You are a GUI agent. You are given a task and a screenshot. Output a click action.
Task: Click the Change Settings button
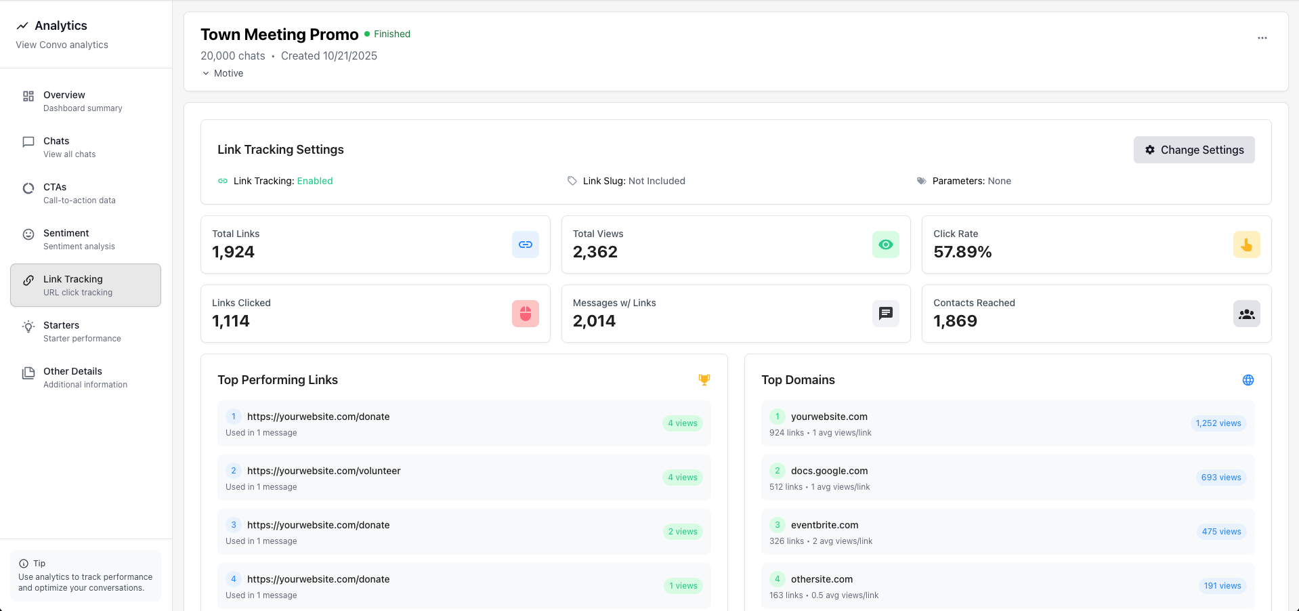pos(1194,150)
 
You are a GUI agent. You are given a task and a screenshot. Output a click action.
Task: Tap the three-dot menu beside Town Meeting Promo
pos(1262,38)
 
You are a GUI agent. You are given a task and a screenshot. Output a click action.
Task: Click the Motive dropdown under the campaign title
pos(223,73)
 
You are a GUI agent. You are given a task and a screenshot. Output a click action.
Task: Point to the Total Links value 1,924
pos(233,252)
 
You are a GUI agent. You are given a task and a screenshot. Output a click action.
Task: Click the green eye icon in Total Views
pos(885,245)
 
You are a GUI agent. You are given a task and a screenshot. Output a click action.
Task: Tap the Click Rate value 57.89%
pos(962,252)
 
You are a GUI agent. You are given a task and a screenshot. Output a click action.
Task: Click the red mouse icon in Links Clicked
pos(525,314)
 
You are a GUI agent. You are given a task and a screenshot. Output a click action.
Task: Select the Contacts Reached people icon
pos(1246,314)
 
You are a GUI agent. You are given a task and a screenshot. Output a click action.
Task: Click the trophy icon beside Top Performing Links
pos(704,380)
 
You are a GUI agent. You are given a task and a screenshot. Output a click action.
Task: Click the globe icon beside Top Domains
pos(1248,380)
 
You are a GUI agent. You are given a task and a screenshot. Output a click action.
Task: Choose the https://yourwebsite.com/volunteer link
pos(324,471)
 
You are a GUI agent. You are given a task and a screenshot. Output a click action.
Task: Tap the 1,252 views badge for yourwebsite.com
pos(1218,423)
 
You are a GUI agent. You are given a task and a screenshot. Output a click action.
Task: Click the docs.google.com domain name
pos(829,471)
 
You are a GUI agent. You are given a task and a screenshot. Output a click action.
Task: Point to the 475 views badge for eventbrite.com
pos(1221,532)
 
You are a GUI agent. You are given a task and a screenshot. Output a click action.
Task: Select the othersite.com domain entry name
pos(822,579)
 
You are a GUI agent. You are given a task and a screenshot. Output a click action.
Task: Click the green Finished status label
pos(392,34)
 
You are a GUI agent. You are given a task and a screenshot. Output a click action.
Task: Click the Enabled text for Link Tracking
pos(315,181)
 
